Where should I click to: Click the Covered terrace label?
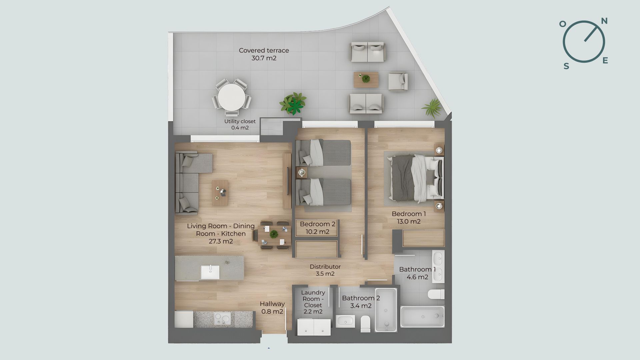coord(264,54)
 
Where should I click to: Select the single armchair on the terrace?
coord(398,82)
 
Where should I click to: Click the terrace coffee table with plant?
coord(366,80)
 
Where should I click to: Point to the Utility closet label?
coord(240,124)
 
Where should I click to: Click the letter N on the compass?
coord(604,21)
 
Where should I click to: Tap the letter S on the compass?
coord(566,66)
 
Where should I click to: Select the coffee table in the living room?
coord(220,193)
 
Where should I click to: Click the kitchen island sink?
coord(210,272)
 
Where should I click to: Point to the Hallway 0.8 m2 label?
coord(272,308)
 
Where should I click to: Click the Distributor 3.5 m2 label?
coord(325,270)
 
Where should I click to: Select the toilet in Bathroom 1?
coord(436,294)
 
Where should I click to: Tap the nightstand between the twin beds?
coord(302,172)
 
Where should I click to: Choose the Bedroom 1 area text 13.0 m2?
coord(409,222)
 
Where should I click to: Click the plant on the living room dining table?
coord(274,234)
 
